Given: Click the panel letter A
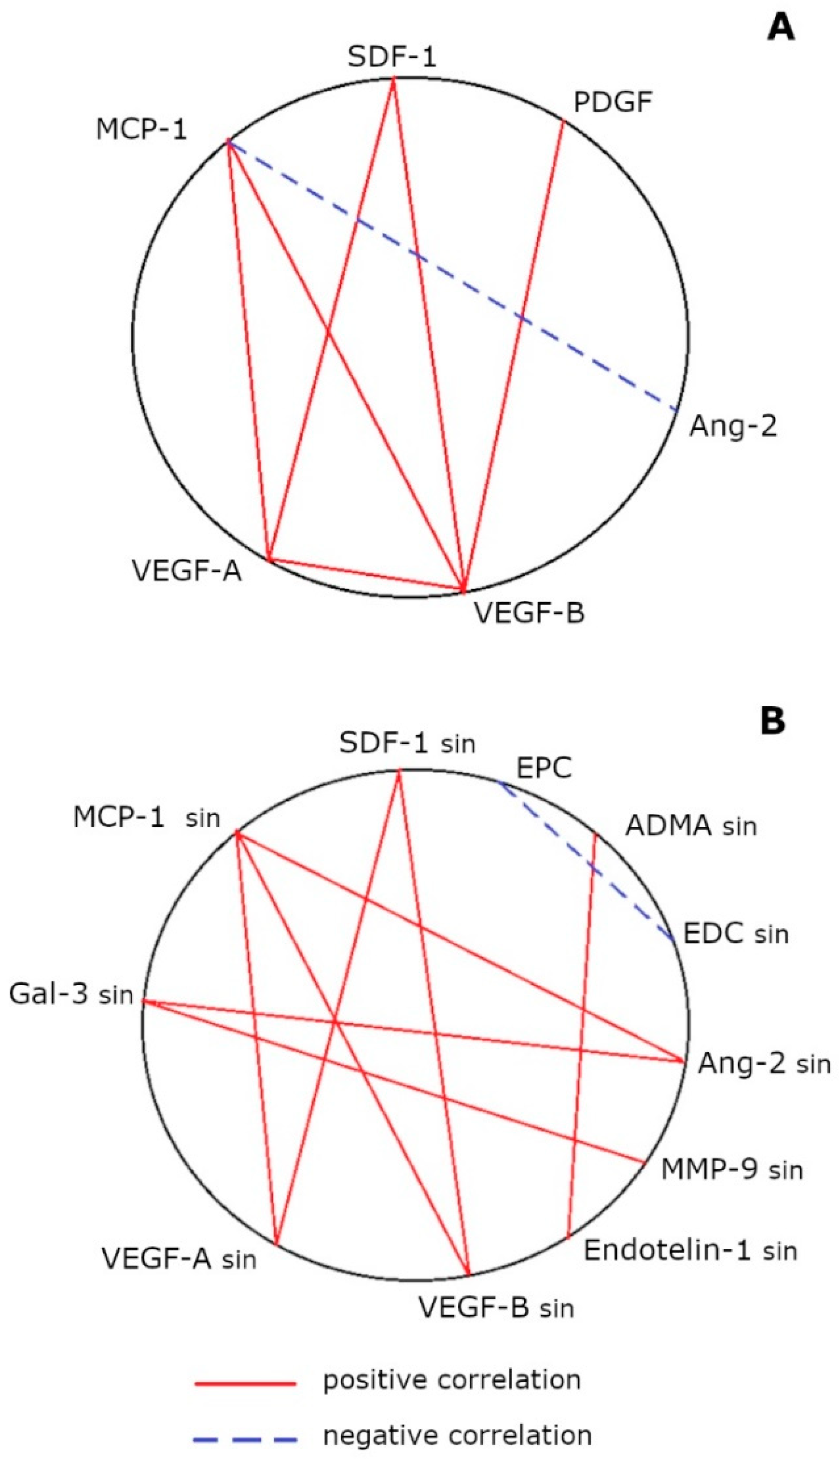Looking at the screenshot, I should [x=780, y=28].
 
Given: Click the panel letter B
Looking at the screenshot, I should [x=773, y=722].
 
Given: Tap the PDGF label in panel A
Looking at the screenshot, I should [x=613, y=103].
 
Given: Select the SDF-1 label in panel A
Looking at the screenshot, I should [x=392, y=57].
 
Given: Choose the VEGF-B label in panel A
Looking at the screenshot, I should [x=529, y=612].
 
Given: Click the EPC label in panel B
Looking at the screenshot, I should [x=544, y=768].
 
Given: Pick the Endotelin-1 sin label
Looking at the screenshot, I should [x=690, y=1250].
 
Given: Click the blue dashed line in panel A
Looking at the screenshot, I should [x=452, y=277].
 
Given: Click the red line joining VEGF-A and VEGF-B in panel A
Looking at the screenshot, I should [x=366, y=574].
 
